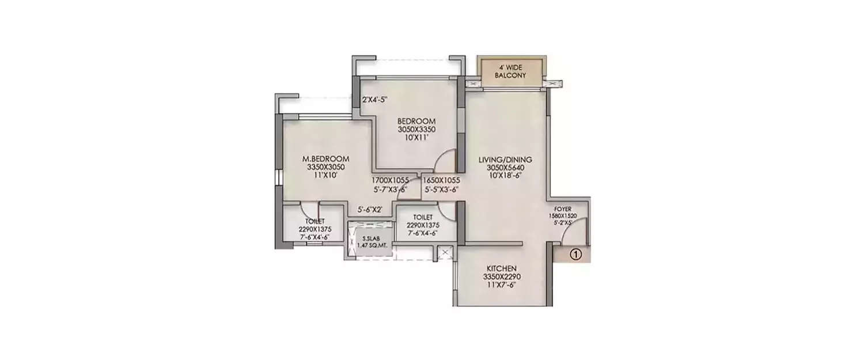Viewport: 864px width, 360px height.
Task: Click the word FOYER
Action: pos(562,209)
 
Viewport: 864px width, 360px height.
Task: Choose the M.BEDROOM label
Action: pos(326,159)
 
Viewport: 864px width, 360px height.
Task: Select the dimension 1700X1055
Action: pos(390,180)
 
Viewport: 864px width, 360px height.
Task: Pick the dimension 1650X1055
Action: pos(441,180)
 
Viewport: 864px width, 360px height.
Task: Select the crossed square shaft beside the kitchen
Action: pos(445,251)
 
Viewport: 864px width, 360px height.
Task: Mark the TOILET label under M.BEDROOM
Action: pos(314,221)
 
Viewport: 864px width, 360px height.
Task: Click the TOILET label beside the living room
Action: pos(423,217)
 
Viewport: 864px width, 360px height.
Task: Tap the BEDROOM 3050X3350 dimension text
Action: pos(416,130)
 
